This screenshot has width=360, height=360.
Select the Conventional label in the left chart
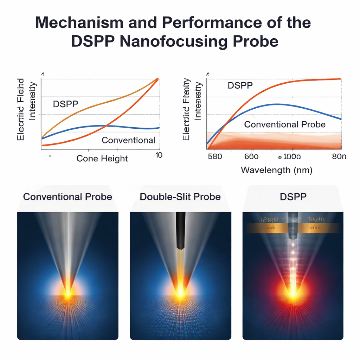(x=128, y=140)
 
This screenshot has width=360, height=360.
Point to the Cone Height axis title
(x=102, y=159)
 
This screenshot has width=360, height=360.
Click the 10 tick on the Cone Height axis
(x=158, y=155)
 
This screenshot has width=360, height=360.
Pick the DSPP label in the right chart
(x=240, y=85)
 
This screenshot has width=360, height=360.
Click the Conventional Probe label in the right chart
(x=285, y=124)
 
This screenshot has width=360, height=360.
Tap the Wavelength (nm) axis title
(x=277, y=171)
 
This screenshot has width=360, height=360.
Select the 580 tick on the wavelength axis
(x=215, y=156)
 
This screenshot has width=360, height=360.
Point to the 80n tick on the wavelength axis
(x=339, y=156)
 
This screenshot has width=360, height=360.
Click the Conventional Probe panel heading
(x=67, y=197)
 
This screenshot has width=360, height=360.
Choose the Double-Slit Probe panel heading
(x=180, y=197)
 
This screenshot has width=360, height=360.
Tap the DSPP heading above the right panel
(x=293, y=197)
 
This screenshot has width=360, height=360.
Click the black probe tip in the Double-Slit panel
(x=180, y=230)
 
